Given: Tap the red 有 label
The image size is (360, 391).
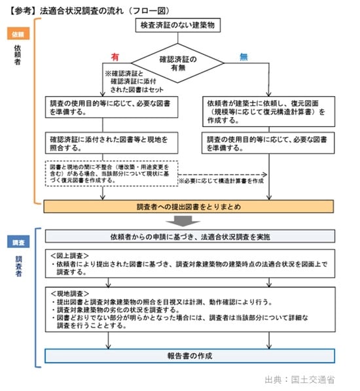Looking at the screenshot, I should point(115,58).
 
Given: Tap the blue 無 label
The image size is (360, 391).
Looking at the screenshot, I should point(243,58).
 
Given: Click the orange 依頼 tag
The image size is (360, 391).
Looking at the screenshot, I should point(16,33).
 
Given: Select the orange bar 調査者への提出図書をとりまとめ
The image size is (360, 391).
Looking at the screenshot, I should point(189,207).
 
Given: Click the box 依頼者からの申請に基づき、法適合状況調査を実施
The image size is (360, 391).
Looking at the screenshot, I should point(189,235).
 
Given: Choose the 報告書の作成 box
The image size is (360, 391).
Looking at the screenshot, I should point(189,356).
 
